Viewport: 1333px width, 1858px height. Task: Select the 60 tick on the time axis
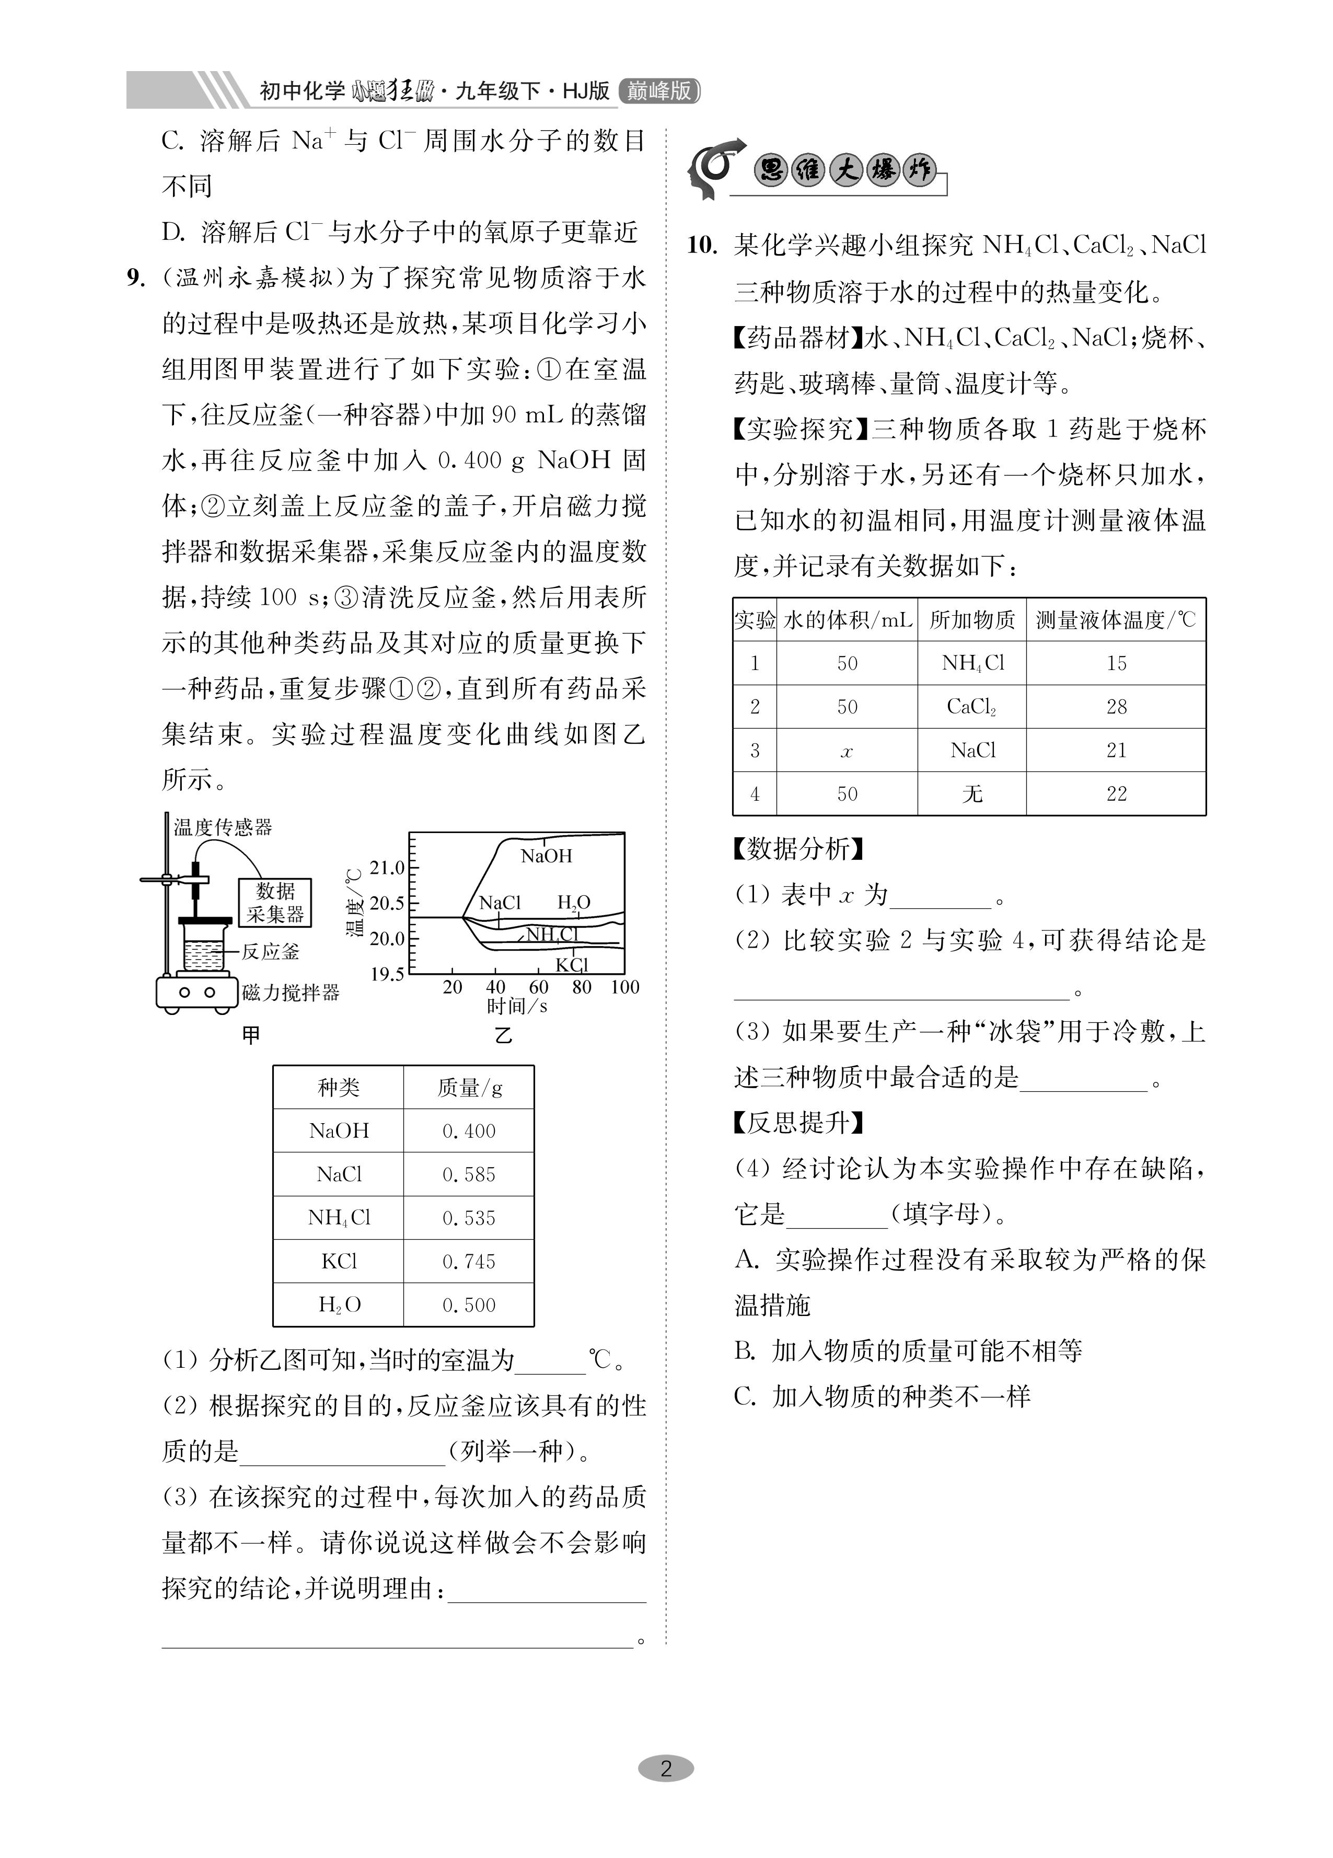[x=538, y=987]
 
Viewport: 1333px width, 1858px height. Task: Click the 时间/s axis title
[x=517, y=1007]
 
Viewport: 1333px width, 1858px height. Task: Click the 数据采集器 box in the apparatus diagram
[x=274, y=903]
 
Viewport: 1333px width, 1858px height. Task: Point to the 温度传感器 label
[x=223, y=827]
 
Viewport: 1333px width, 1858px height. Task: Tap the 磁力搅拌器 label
[x=291, y=993]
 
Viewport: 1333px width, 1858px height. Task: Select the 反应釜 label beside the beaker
[x=270, y=952]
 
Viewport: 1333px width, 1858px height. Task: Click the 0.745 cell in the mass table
[x=469, y=1262]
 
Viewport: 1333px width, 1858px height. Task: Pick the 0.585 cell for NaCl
[x=469, y=1175]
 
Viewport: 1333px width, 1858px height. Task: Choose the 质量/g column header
[x=469, y=1088]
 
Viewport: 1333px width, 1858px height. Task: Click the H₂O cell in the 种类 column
[x=339, y=1305]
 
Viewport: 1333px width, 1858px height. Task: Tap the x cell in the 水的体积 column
[x=847, y=751]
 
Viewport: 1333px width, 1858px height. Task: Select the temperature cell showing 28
[x=1116, y=707]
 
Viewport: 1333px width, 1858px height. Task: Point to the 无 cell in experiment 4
[x=972, y=794]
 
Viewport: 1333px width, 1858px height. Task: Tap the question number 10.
[x=702, y=246]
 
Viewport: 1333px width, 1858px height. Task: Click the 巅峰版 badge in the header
[x=659, y=90]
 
